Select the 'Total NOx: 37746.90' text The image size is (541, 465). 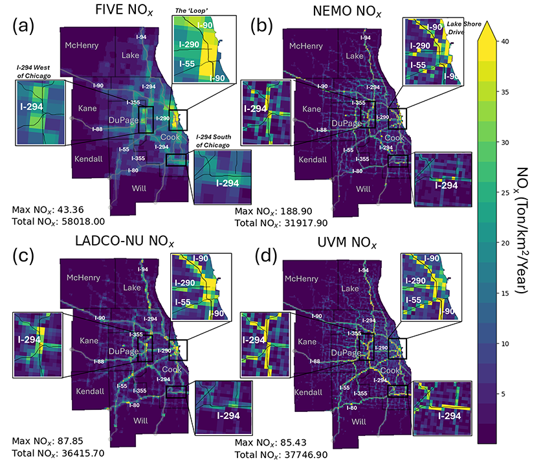(282, 455)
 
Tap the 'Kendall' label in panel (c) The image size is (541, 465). (85, 392)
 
